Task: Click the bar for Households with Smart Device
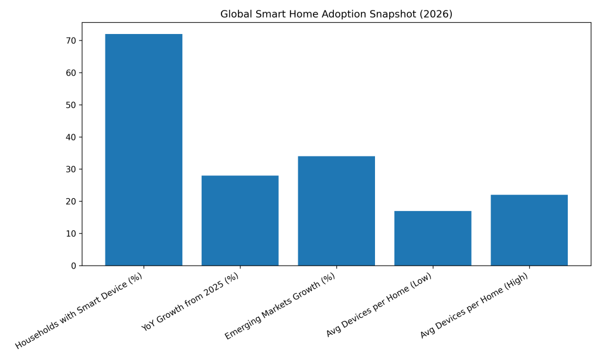coord(144,150)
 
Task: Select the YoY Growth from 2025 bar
coord(240,220)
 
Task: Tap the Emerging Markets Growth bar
coord(336,210)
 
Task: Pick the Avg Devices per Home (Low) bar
coord(432,238)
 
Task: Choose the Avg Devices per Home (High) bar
coord(529,230)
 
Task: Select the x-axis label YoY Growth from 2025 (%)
coord(191,302)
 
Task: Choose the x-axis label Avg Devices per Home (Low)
coord(380,305)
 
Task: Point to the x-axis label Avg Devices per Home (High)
coord(475,305)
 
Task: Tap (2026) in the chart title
coord(434,14)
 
